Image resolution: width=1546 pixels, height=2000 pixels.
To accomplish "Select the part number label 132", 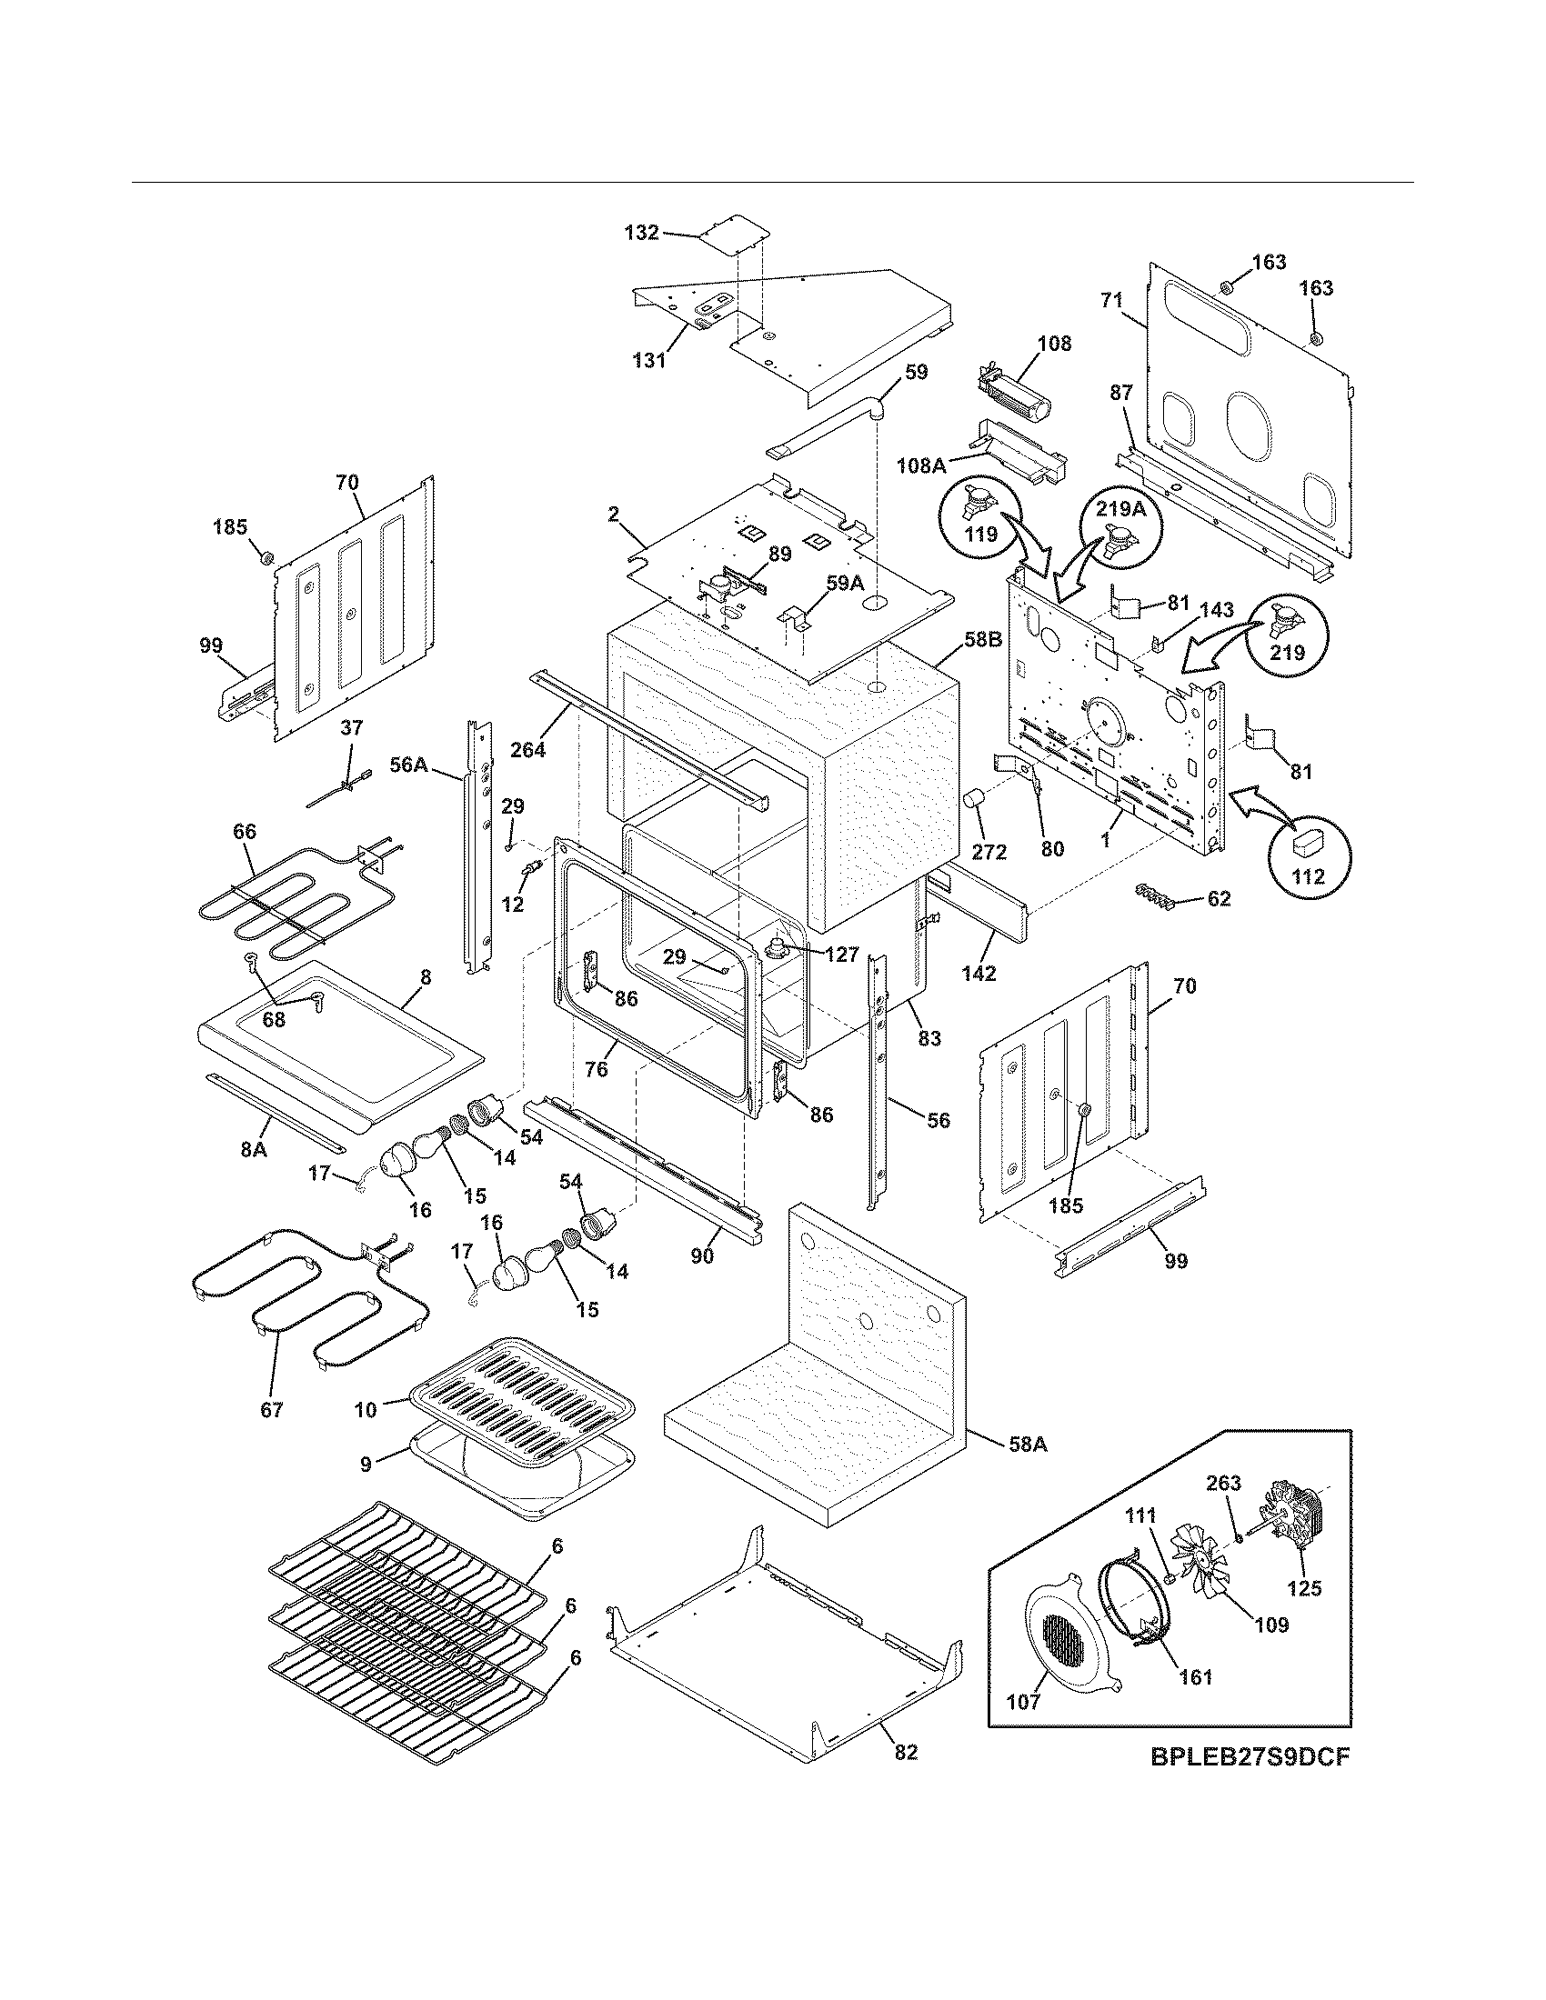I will [x=641, y=233].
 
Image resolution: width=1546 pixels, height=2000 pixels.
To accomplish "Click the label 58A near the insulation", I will [x=1029, y=1445].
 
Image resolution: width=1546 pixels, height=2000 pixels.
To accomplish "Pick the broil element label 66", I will [x=245, y=832].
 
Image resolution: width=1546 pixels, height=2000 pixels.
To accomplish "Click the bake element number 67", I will [x=272, y=1410].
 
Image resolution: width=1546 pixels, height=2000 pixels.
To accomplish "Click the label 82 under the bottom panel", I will [x=905, y=1753].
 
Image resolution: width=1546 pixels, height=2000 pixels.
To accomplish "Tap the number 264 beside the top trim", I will [x=527, y=749].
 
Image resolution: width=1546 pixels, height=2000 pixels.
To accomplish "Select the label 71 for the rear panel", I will [x=1110, y=300].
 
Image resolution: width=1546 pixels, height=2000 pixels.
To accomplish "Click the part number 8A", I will [x=253, y=1149].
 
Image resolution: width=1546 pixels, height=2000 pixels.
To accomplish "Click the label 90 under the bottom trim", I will [x=701, y=1256].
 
